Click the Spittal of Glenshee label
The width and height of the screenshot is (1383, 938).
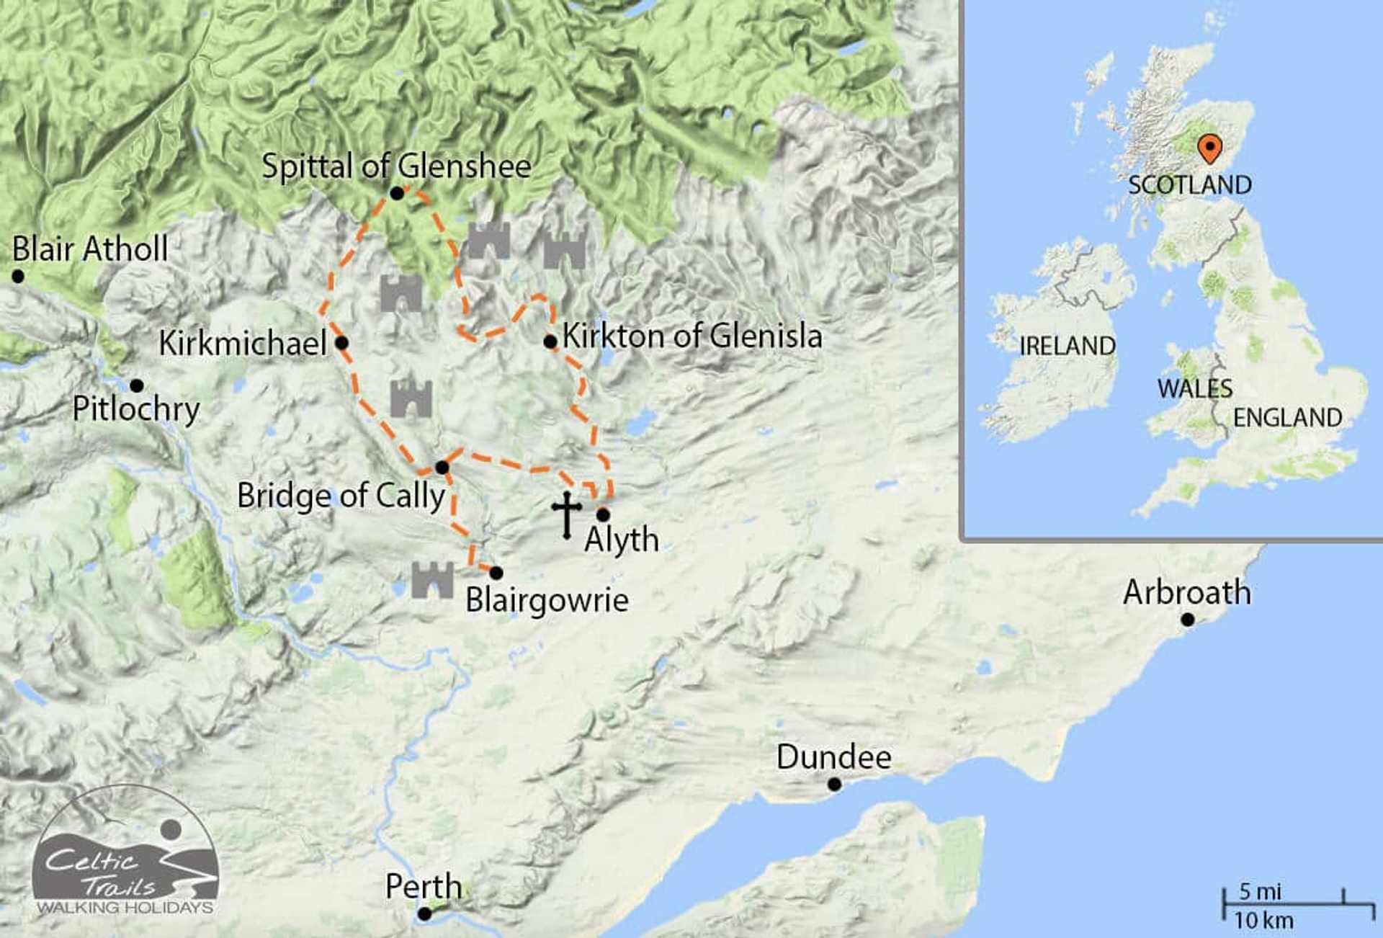396,166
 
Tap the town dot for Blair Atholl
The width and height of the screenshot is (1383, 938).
18,276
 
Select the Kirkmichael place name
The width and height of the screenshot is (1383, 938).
243,343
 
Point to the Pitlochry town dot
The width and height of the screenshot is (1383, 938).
137,385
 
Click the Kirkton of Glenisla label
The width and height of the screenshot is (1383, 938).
691,336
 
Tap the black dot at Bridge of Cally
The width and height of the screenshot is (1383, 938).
442,468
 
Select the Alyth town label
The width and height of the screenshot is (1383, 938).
621,540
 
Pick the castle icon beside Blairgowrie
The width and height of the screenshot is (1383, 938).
432,580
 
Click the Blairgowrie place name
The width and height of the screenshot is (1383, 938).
547,600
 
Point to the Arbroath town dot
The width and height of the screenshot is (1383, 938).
1188,620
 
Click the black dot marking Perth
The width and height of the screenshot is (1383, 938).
425,914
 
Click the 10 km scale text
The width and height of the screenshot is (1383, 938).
1263,921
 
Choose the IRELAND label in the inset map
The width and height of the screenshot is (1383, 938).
1067,347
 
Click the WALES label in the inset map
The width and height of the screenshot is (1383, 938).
1194,389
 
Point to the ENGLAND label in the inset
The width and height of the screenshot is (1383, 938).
1287,418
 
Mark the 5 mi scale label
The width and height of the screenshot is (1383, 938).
1260,892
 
